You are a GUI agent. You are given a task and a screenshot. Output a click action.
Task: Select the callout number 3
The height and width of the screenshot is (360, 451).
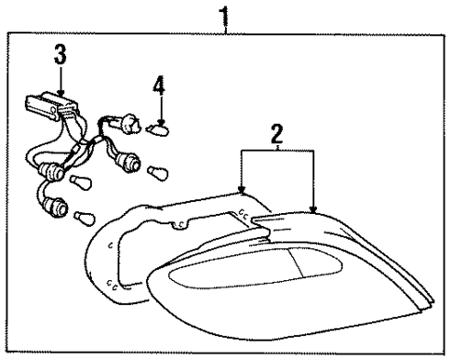[x=60, y=54]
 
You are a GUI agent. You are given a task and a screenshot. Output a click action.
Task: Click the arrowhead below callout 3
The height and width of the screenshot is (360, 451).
[x=60, y=92]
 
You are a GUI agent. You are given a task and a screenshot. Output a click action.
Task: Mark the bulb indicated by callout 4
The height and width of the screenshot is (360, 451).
[x=162, y=129]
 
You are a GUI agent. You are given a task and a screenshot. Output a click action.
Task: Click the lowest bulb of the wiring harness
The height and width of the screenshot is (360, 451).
[x=86, y=220]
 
